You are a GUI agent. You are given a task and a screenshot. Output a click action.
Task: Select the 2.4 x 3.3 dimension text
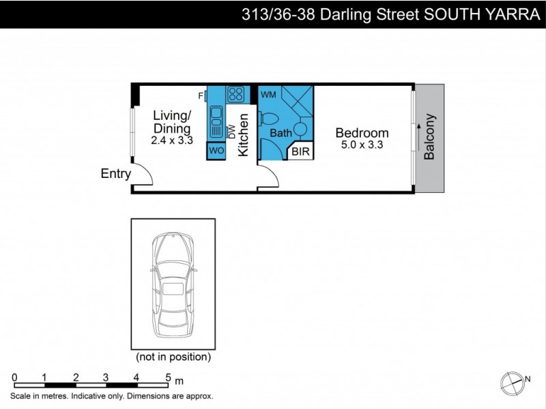(x=173, y=141)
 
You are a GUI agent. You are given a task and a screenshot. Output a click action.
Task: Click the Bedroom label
(x=363, y=133)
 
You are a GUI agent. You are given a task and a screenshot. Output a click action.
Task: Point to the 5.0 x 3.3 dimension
(x=363, y=145)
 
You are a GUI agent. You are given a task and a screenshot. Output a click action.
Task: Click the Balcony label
(x=429, y=136)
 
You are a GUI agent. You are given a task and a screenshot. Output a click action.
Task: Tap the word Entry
(x=115, y=174)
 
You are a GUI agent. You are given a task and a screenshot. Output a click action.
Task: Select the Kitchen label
(x=243, y=136)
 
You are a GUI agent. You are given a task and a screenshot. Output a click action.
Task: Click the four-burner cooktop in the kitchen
(x=236, y=94)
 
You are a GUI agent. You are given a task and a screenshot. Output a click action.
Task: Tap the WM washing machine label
(x=268, y=95)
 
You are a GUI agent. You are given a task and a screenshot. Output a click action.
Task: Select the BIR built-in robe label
(x=301, y=152)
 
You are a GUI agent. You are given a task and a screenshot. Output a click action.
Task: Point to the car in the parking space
(x=173, y=284)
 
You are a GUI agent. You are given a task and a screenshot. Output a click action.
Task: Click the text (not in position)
(x=173, y=357)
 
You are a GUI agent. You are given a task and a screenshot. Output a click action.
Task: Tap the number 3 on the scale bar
(x=106, y=378)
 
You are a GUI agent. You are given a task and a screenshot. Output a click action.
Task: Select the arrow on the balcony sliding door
(x=416, y=132)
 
